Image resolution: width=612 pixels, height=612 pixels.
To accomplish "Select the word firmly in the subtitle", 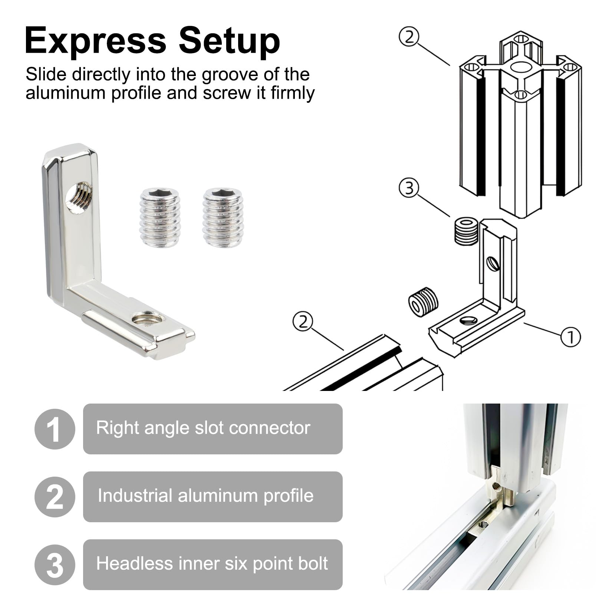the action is click(x=293, y=93).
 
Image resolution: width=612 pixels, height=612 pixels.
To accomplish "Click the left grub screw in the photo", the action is click(x=160, y=217).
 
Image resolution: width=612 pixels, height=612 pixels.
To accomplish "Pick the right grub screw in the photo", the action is click(x=223, y=217).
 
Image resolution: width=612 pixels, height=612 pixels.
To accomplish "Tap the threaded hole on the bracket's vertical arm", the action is click(x=79, y=198).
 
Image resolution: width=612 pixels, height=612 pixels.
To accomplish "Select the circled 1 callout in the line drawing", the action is click(x=570, y=337).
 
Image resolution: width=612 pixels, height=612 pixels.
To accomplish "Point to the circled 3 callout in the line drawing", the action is click(x=409, y=188).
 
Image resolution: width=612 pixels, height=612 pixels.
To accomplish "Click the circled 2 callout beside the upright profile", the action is click(x=409, y=38).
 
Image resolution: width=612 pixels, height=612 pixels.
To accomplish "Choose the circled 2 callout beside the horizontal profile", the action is click(x=303, y=322).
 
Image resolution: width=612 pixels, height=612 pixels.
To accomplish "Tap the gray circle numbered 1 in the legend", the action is click(x=55, y=429).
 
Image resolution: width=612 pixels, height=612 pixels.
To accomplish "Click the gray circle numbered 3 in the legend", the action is click(x=55, y=565).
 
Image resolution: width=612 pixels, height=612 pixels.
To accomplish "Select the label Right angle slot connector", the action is click(x=203, y=428).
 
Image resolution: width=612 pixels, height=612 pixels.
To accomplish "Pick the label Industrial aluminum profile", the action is click(x=205, y=496).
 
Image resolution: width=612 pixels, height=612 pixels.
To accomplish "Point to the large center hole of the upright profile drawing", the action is click(x=521, y=67).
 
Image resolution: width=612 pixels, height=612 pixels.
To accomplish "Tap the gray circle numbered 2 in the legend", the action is click(x=55, y=497).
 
